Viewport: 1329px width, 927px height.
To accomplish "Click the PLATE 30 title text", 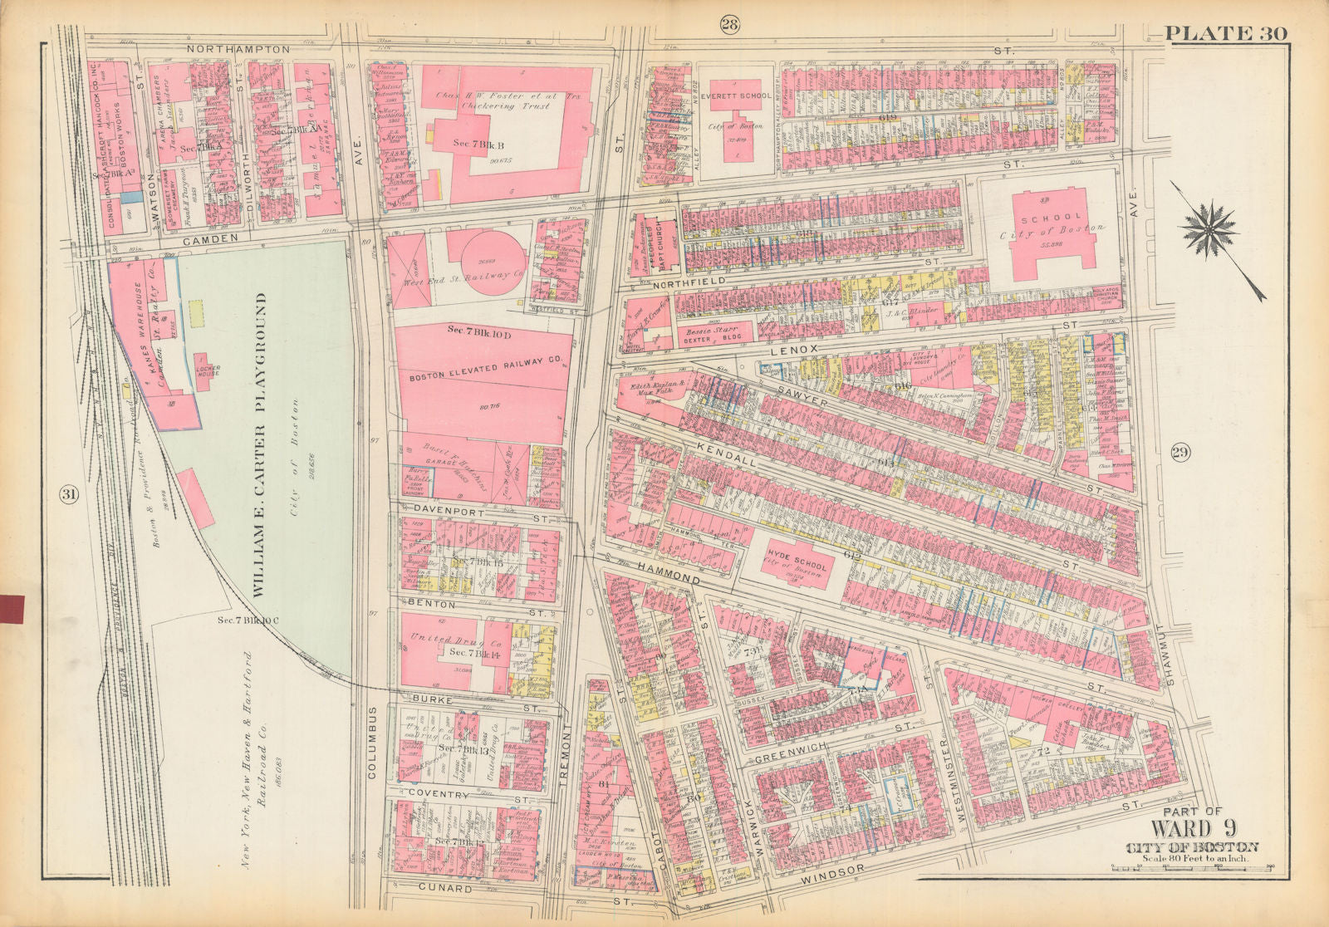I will (x=1225, y=33).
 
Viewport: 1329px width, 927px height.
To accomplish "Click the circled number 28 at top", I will (x=729, y=24).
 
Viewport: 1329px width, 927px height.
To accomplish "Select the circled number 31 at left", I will (x=68, y=495).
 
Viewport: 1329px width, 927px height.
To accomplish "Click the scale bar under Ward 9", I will (x=1192, y=869).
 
